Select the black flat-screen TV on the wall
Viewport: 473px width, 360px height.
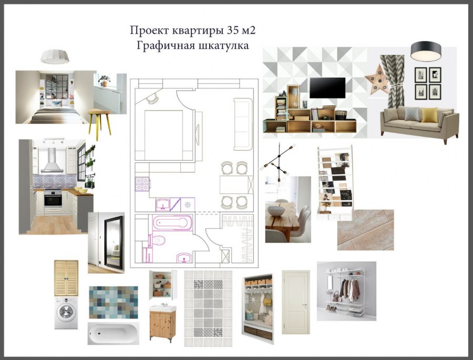[327, 88]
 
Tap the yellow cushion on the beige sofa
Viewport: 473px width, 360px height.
[429, 115]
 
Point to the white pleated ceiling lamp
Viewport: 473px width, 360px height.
[55, 56]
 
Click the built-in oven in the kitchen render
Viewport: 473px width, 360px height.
[53, 198]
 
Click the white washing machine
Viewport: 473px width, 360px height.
[66, 313]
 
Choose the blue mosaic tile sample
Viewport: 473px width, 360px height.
[114, 302]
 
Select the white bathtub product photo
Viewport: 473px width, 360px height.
[114, 333]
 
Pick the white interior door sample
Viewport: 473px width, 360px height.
[296, 302]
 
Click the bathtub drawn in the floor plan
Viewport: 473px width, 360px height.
[172, 223]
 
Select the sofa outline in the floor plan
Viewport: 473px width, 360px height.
[243, 124]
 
